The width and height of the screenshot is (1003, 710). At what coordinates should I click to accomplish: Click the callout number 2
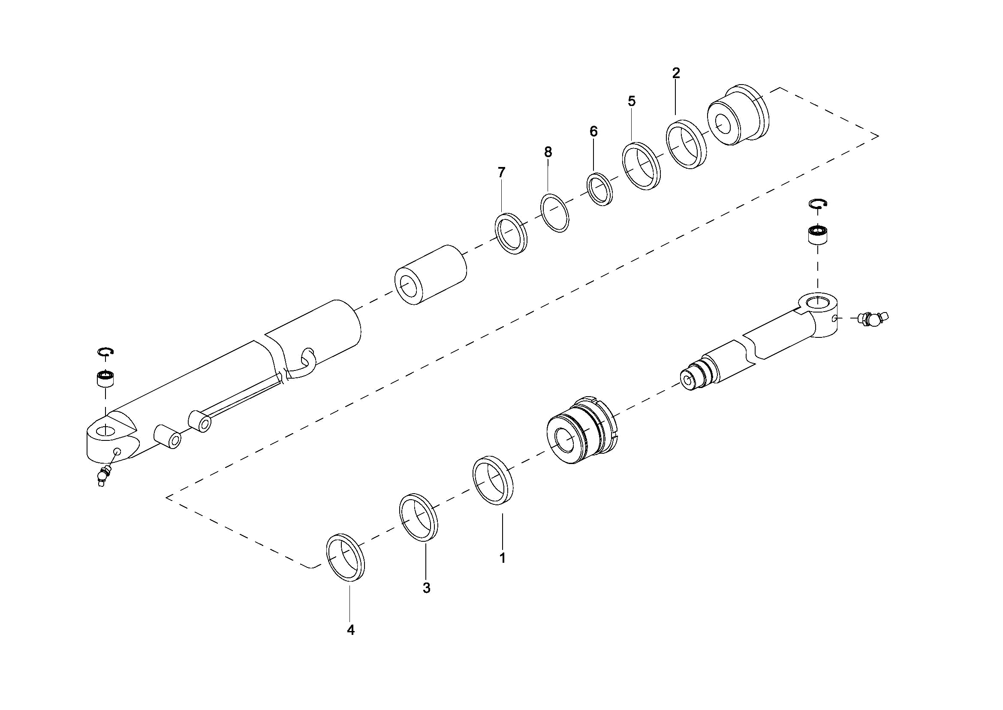676,73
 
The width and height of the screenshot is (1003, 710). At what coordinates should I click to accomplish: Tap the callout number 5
632,101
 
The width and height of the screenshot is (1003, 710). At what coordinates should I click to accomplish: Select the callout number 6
593,131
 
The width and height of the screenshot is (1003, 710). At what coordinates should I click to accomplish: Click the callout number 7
502,172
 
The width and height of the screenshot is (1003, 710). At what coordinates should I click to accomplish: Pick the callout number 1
503,558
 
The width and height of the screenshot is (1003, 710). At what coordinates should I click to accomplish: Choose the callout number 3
426,588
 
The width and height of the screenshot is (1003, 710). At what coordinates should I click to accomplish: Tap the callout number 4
350,630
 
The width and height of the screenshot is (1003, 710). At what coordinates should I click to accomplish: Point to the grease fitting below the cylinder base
103,475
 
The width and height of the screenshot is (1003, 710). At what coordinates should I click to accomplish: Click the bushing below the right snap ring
818,235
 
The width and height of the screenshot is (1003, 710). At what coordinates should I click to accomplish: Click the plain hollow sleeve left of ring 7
431,275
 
